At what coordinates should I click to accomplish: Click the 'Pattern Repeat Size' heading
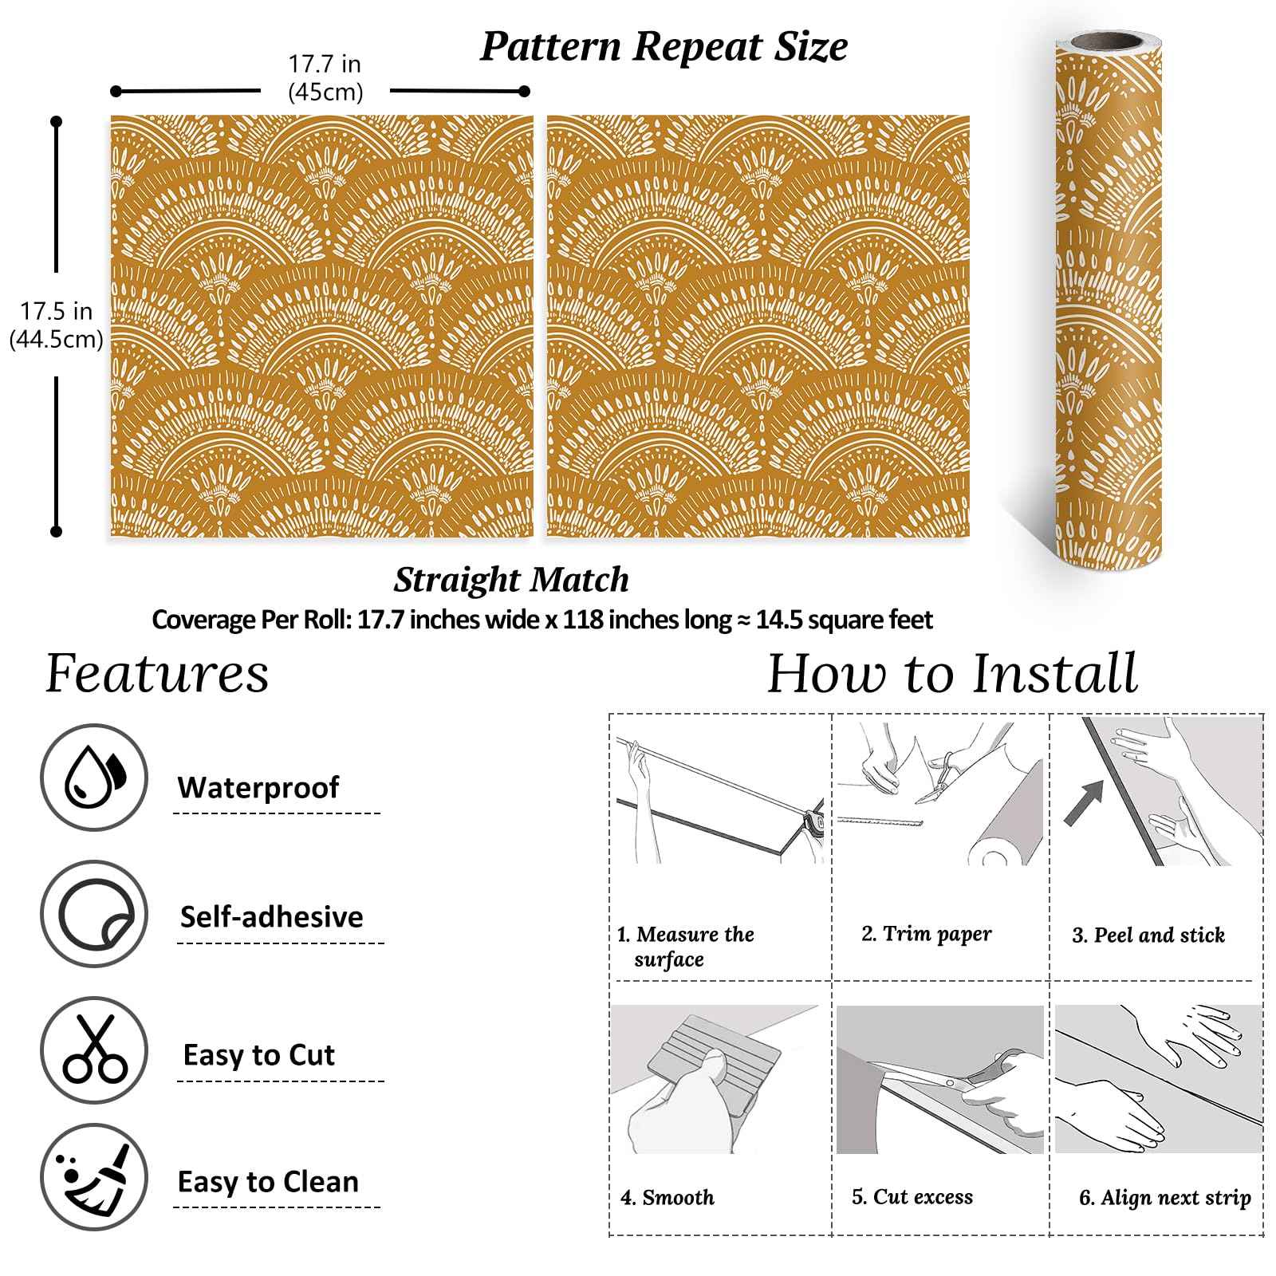664,46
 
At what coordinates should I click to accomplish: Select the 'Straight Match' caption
511,580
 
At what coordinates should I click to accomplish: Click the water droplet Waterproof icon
94,778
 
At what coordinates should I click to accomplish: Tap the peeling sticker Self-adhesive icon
94,914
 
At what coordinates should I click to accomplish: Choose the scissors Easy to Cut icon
94,1050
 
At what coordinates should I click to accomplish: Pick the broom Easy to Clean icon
94,1178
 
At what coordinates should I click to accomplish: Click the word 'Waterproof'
258,787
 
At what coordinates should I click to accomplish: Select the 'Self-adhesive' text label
271,916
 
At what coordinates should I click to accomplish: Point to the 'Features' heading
157,674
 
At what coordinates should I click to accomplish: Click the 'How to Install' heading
952,674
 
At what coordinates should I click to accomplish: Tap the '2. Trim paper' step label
927,934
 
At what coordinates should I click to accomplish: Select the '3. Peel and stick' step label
1148,935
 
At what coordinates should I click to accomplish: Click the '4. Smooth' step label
668,1197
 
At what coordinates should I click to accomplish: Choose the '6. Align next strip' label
1165,1197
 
